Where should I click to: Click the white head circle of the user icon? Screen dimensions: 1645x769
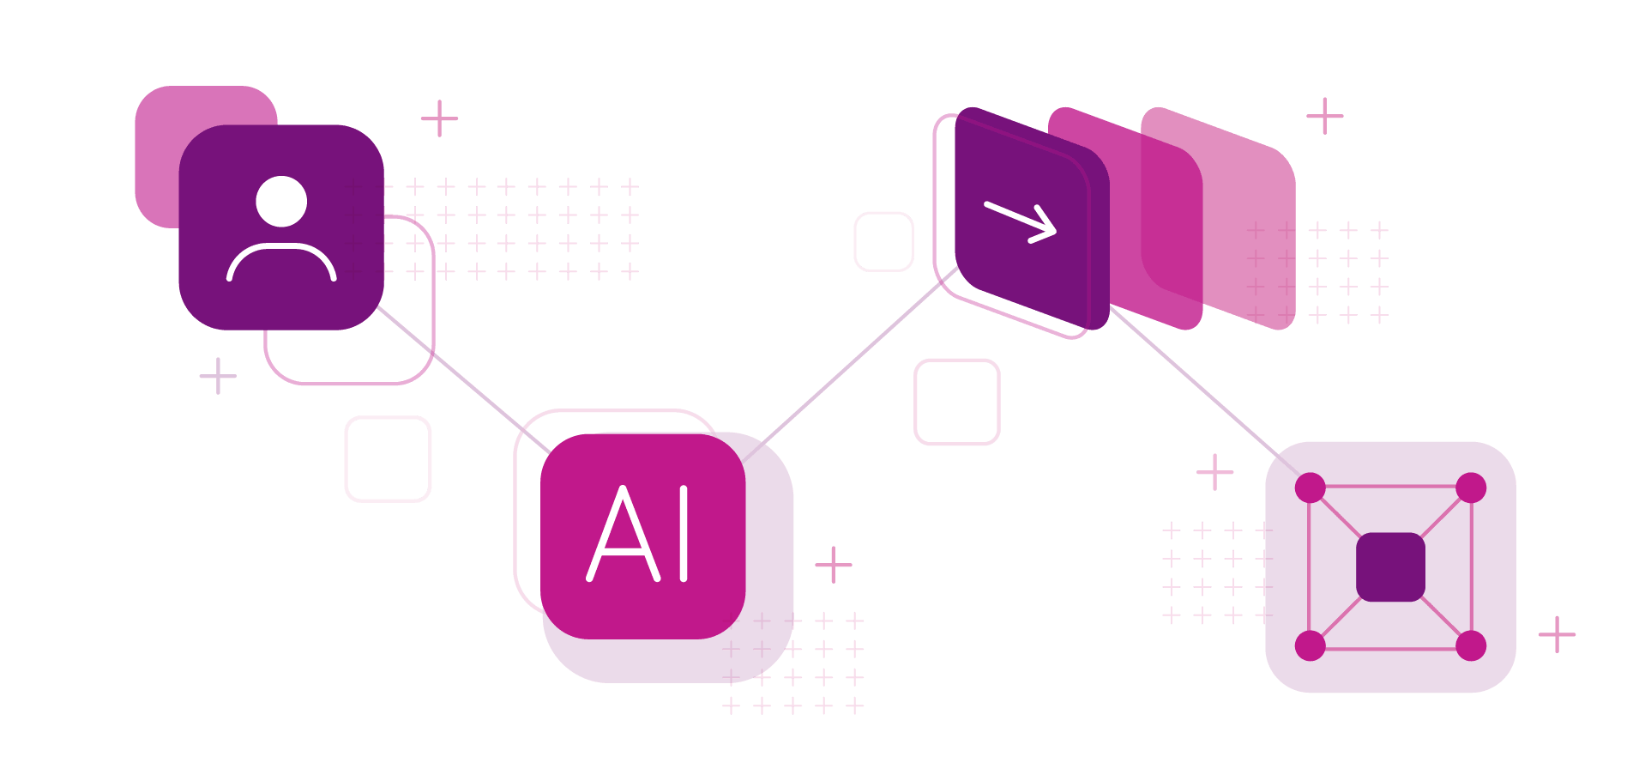click(x=281, y=202)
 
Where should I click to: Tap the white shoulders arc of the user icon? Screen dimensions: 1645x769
click(x=281, y=246)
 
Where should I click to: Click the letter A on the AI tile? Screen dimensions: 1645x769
click(x=624, y=534)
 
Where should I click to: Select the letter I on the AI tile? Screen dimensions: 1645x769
click(x=684, y=534)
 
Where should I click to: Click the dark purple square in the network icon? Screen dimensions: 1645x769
click(x=1390, y=567)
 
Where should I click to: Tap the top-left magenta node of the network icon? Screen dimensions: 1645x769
click(x=1311, y=487)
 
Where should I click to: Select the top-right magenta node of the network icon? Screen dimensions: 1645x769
click(x=1471, y=487)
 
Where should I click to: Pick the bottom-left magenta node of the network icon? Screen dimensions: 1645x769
click(x=1311, y=645)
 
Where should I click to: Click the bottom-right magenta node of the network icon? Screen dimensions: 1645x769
click(x=1471, y=645)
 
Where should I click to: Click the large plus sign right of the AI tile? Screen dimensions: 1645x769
click(x=833, y=565)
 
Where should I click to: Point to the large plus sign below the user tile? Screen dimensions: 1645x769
click(x=218, y=376)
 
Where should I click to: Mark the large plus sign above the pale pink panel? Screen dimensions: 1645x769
click(x=1325, y=116)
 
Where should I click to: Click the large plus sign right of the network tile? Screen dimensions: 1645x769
click(x=1557, y=634)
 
